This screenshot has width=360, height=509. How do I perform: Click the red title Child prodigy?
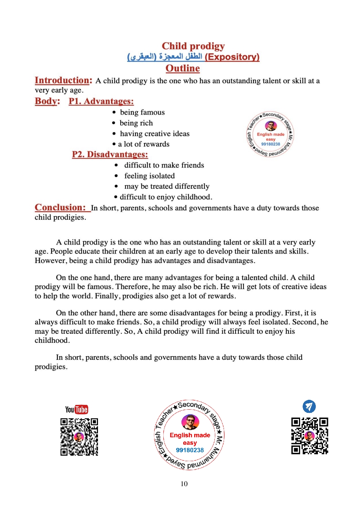tap(193, 46)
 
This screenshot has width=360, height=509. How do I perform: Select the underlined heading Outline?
tap(183, 68)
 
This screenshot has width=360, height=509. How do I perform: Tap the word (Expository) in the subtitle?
tap(232, 57)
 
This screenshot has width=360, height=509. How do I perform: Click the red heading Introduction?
tap(63, 80)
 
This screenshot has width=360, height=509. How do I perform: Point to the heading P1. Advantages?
tap(101, 101)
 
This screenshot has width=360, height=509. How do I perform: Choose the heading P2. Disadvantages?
tap(110, 155)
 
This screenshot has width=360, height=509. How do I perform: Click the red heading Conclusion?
tap(60, 208)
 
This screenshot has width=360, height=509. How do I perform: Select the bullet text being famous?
tap(142, 112)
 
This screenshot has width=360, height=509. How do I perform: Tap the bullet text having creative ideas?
tap(154, 134)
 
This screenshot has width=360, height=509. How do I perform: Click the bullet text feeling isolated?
tap(149, 176)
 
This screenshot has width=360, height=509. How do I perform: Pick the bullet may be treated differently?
tap(167, 186)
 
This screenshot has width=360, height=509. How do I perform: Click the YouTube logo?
tap(77, 410)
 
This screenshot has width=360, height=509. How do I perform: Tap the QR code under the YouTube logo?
tap(79, 437)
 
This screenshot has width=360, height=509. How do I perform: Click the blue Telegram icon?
tap(309, 406)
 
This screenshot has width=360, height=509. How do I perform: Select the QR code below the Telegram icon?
tap(310, 436)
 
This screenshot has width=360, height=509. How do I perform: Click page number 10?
tap(184, 484)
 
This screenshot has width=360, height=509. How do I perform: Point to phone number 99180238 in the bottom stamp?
tap(190, 450)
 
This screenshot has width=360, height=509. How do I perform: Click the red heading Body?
tap(47, 101)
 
